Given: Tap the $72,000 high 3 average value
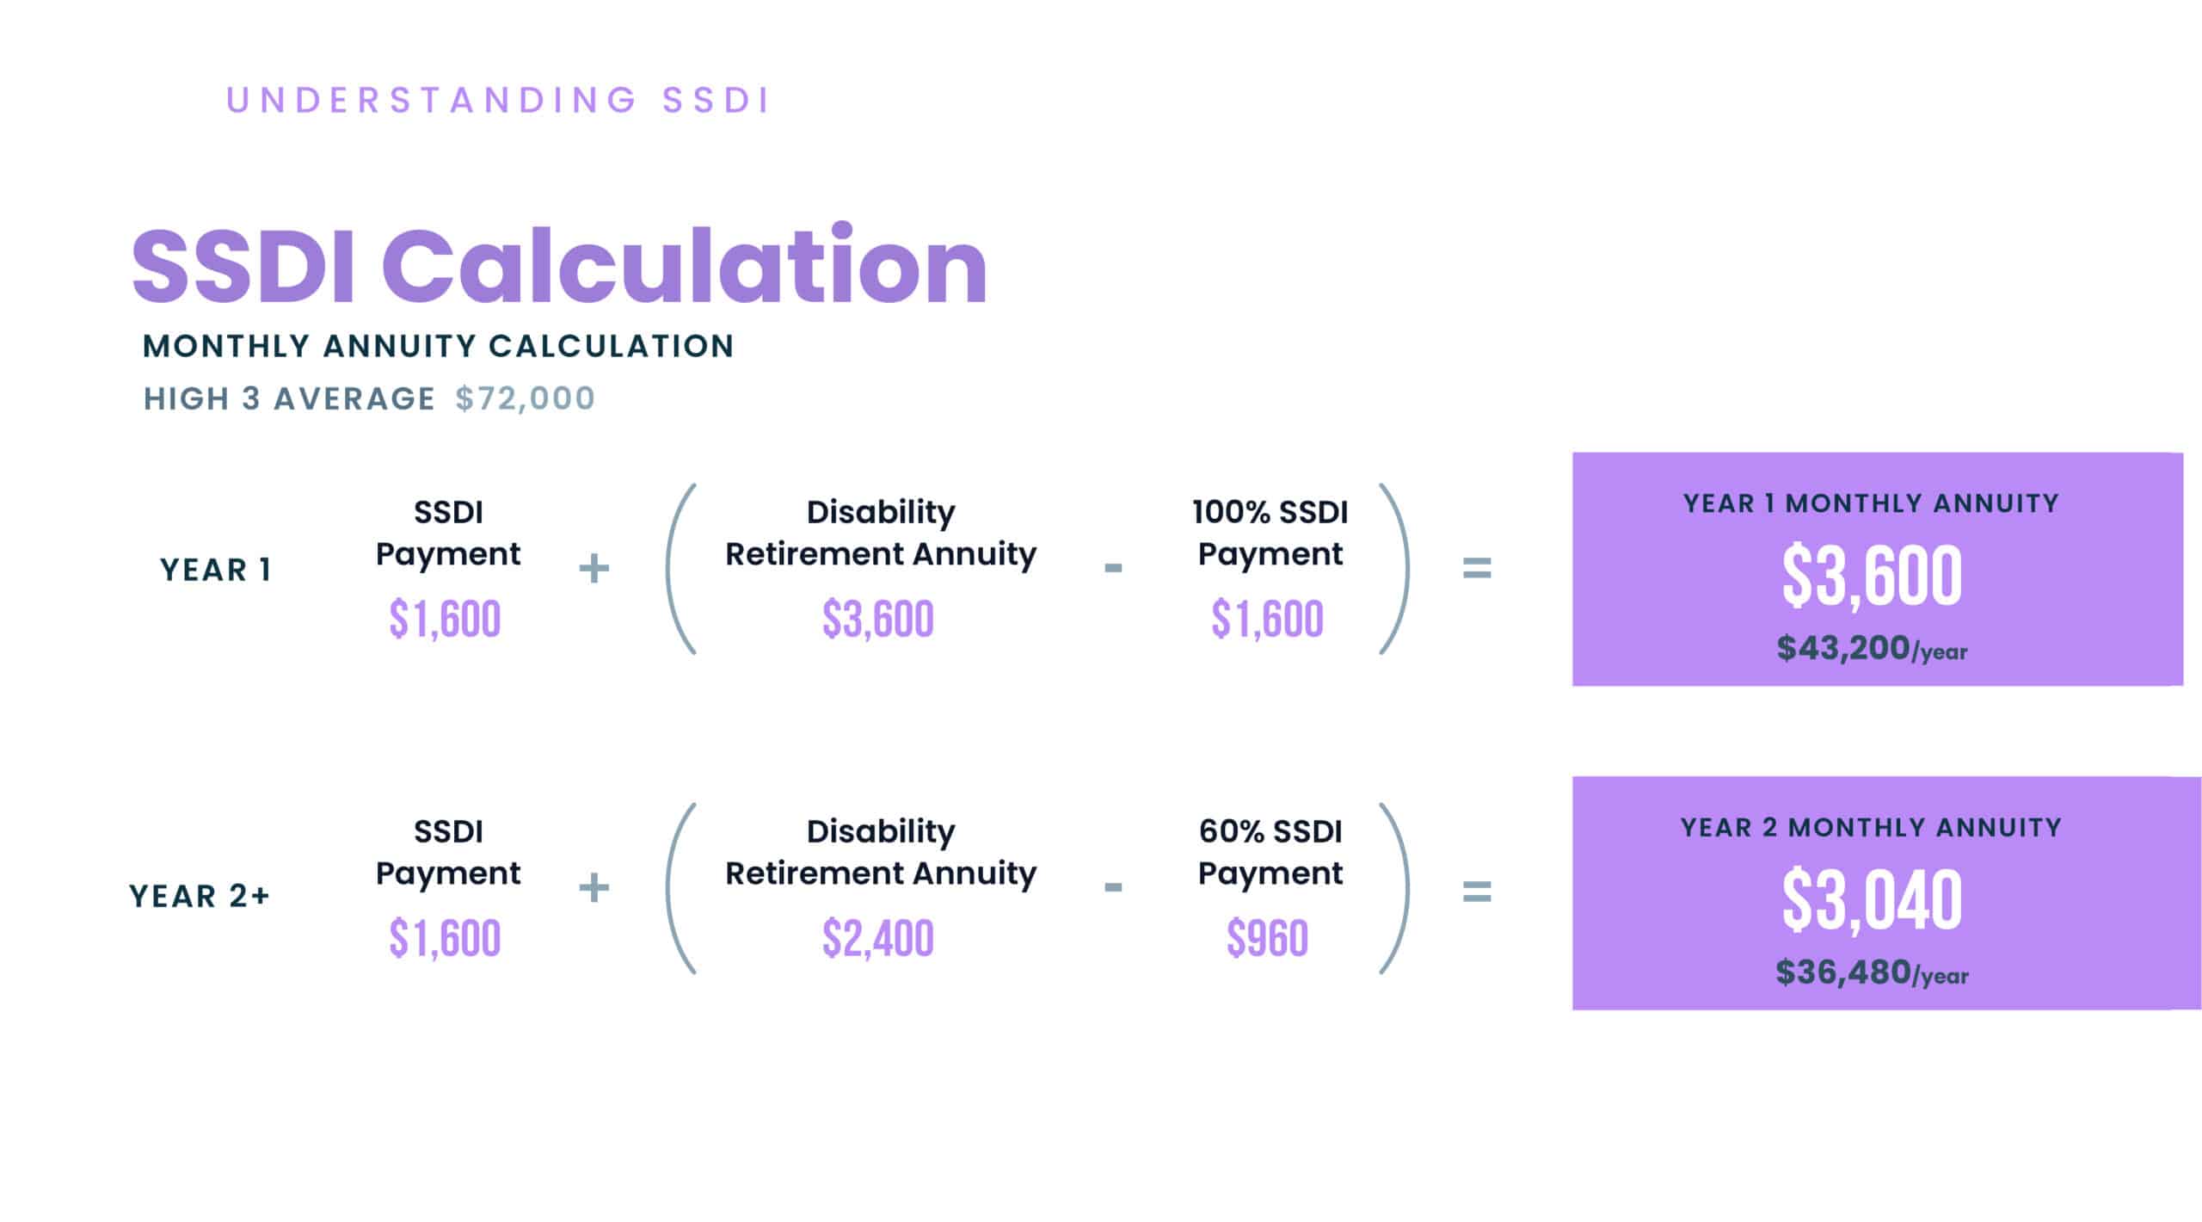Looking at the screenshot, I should click(525, 398).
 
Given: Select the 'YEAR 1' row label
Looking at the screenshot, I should click(216, 570).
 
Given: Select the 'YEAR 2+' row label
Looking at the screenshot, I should click(200, 896).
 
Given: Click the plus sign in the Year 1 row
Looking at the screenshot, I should click(594, 568).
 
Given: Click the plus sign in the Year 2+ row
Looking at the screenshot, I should click(594, 887).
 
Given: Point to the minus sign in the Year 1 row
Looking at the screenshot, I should click(1113, 568).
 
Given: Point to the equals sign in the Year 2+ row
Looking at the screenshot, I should click(1477, 891).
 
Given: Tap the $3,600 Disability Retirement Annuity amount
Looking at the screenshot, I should click(878, 620).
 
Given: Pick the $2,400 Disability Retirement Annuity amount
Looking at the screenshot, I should click(878, 939).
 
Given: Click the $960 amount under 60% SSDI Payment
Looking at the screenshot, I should click(1268, 939).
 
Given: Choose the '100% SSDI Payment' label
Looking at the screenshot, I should click(1270, 533).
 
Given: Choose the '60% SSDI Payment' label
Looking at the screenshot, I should click(1270, 852).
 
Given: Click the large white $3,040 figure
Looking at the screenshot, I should click(1872, 900).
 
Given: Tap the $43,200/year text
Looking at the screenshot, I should click(1872, 649).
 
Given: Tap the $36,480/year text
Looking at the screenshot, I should click(1872, 973).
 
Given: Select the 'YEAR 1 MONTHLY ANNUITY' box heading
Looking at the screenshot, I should click(1871, 503).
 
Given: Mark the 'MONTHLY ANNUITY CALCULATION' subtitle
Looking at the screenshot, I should click(438, 346).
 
